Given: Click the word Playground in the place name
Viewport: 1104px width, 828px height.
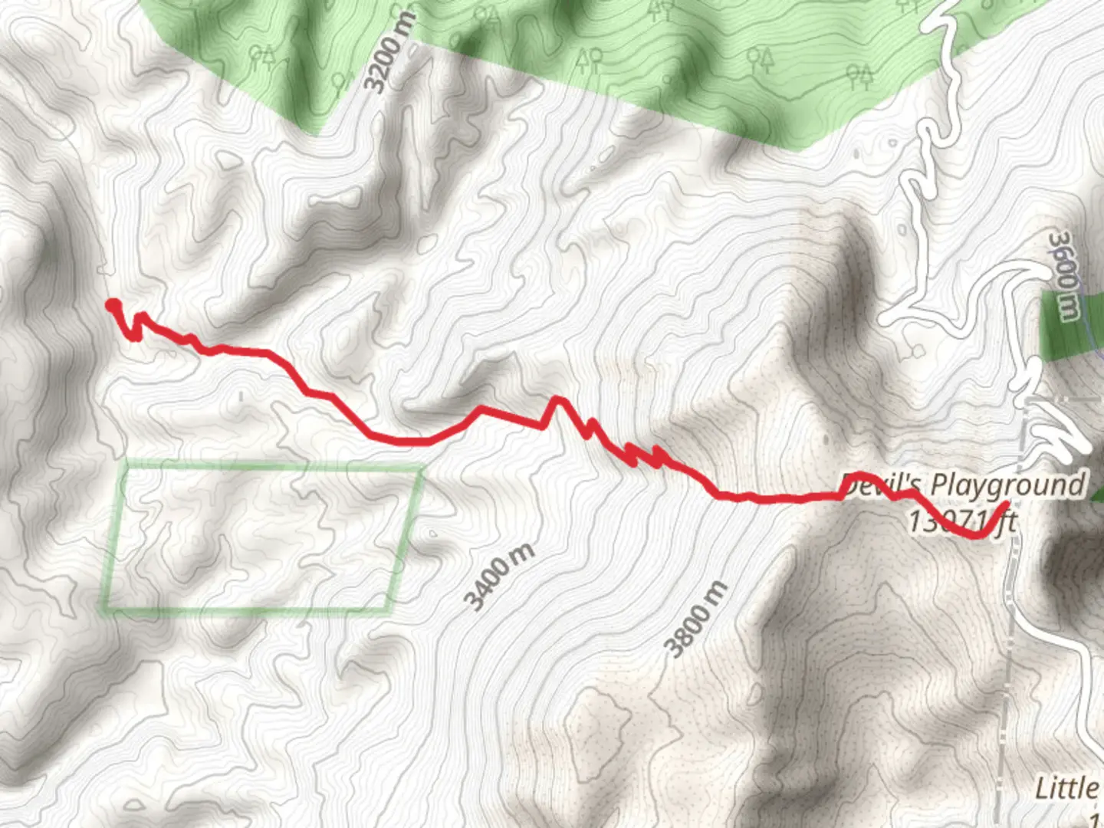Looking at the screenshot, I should (x=1007, y=485).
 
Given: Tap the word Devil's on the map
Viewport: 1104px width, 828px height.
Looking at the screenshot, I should (x=882, y=486).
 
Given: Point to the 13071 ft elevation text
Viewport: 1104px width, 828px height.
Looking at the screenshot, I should (x=961, y=522).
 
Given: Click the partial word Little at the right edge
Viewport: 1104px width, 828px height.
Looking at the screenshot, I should (x=1066, y=788).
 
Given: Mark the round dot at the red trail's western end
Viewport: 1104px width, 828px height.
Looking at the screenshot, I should (x=113, y=306).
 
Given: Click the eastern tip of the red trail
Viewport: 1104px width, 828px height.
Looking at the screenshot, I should (x=1006, y=504).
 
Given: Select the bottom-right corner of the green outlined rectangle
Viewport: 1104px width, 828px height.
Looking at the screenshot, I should (x=390, y=611).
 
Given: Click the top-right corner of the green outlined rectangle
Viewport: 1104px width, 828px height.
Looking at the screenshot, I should (x=421, y=468).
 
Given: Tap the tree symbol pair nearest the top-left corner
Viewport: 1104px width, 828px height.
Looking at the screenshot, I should (x=262, y=54).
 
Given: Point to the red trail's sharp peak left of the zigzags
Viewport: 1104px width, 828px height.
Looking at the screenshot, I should (x=557, y=399).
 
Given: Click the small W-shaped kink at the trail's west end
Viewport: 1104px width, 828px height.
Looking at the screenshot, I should (x=137, y=326).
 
